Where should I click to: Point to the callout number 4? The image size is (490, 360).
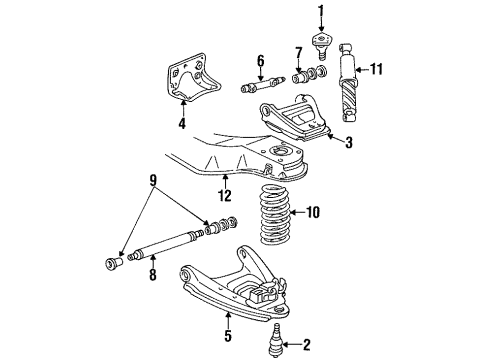pos(182,125)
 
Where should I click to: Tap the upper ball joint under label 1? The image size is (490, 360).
pos(321,42)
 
